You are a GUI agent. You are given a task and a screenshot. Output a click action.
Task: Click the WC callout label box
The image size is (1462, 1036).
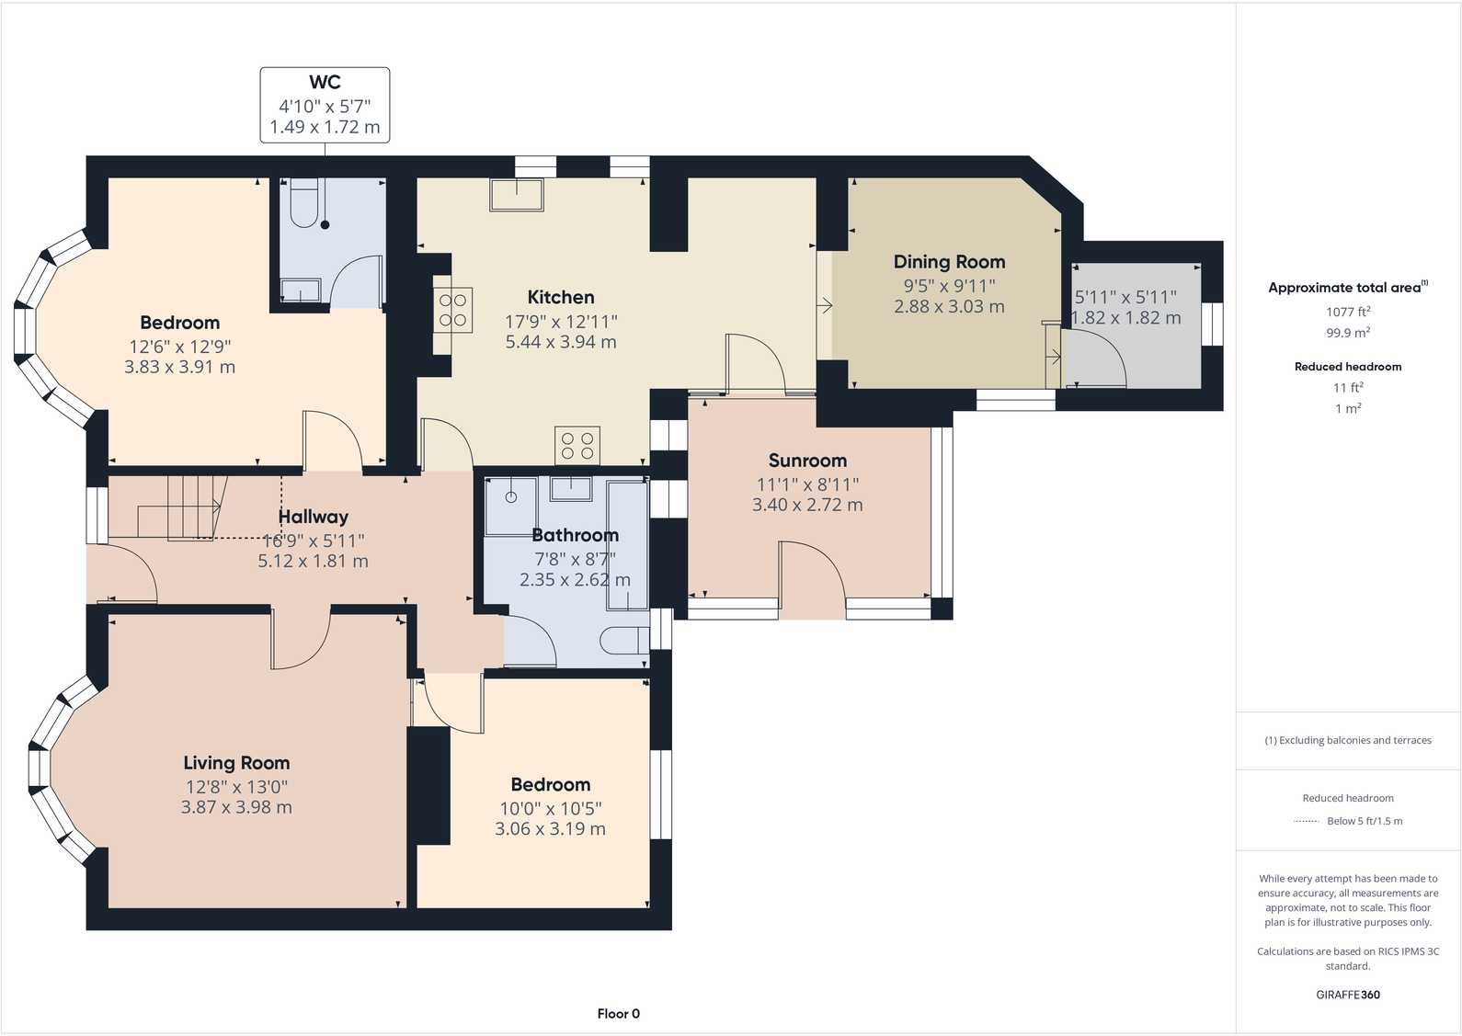point(325,105)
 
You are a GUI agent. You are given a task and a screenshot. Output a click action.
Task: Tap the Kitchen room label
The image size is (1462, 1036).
point(561,298)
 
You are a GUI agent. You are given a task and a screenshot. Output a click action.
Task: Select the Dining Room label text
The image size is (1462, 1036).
point(949,262)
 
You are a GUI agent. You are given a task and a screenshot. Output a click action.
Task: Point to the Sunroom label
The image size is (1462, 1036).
point(807,461)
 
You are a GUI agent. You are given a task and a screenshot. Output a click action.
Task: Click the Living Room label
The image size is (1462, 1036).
point(236,763)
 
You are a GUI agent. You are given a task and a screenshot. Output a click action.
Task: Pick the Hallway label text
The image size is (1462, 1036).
point(314,517)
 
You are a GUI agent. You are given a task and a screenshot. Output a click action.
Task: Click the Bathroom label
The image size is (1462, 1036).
point(575,535)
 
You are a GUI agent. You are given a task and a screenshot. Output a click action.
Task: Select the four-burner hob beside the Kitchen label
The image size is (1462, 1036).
point(453,309)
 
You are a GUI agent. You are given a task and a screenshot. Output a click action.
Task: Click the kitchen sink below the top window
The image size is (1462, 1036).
point(516,195)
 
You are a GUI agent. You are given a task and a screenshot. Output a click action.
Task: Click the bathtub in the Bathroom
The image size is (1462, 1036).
point(627,544)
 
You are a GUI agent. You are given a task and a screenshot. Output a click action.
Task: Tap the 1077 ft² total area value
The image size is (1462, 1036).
point(1348,312)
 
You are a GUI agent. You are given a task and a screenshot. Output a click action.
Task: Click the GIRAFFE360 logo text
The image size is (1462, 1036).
point(1348,995)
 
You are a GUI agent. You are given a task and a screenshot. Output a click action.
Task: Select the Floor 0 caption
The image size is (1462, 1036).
point(618,1014)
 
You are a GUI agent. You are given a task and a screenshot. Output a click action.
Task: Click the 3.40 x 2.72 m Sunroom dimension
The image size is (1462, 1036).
point(807,505)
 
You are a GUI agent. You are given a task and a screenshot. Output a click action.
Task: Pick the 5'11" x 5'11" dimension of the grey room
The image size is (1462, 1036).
point(1125,297)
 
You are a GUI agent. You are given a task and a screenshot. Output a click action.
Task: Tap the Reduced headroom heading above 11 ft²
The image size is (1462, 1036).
point(1348,367)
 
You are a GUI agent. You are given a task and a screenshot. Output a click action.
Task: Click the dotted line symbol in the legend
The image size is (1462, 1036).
point(1306,821)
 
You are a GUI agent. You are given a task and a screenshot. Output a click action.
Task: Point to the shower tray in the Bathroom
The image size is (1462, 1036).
point(511,505)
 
